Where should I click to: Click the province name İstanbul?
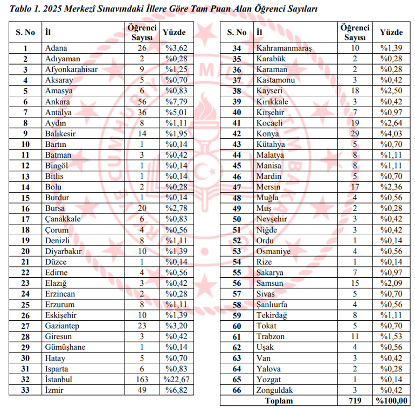(x=59, y=379)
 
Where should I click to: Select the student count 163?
(x=142, y=379)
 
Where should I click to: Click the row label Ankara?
(x=57, y=101)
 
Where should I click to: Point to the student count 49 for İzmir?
(x=142, y=390)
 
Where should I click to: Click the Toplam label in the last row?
(x=279, y=400)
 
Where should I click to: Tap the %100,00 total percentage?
(x=392, y=400)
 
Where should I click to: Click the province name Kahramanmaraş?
(x=284, y=48)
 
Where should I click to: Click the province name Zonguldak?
(x=275, y=390)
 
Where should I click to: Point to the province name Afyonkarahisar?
(x=72, y=69)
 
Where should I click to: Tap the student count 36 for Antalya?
(x=142, y=112)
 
